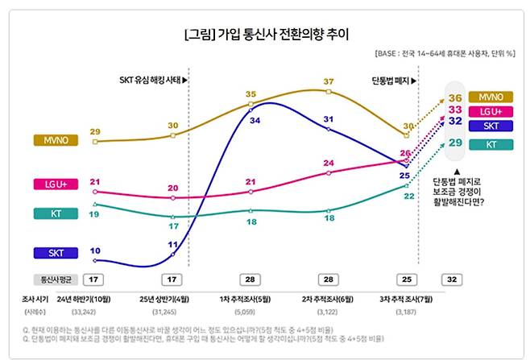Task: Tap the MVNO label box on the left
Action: tap(56, 141)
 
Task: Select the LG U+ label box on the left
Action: tap(56, 184)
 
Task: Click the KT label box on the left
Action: tap(56, 213)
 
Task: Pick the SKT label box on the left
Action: tap(56, 253)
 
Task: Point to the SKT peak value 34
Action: tap(255, 120)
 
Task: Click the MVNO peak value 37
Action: tap(329, 82)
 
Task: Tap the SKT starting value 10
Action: tap(95, 250)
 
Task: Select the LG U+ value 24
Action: tap(329, 163)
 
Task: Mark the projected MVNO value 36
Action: tap(455, 97)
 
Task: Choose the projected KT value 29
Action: tap(455, 143)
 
